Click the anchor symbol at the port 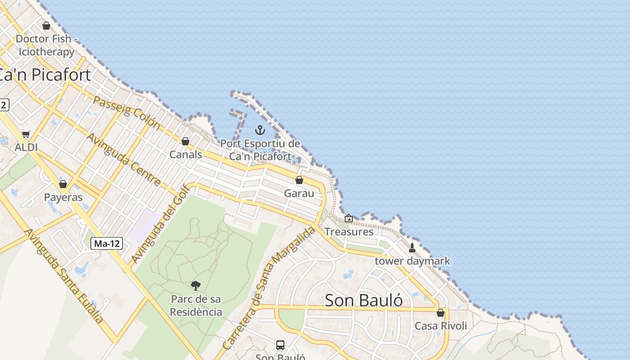[x=260, y=130]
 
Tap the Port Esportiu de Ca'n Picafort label [x=260, y=150]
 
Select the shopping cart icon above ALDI [x=26, y=135]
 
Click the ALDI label [x=26, y=147]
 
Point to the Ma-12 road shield [x=107, y=244]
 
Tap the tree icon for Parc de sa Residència [x=196, y=285]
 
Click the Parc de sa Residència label [x=196, y=306]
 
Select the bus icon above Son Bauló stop [x=280, y=345]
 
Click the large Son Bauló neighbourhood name [x=364, y=300]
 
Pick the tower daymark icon [x=412, y=248]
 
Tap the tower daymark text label [x=412, y=261]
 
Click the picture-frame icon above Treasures [x=349, y=219]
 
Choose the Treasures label [x=349, y=232]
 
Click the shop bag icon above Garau [x=299, y=180]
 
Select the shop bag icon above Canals [x=185, y=142]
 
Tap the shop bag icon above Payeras [x=63, y=184]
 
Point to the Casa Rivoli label [x=441, y=326]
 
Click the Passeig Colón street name [x=126, y=112]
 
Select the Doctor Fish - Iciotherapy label [x=45, y=45]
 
